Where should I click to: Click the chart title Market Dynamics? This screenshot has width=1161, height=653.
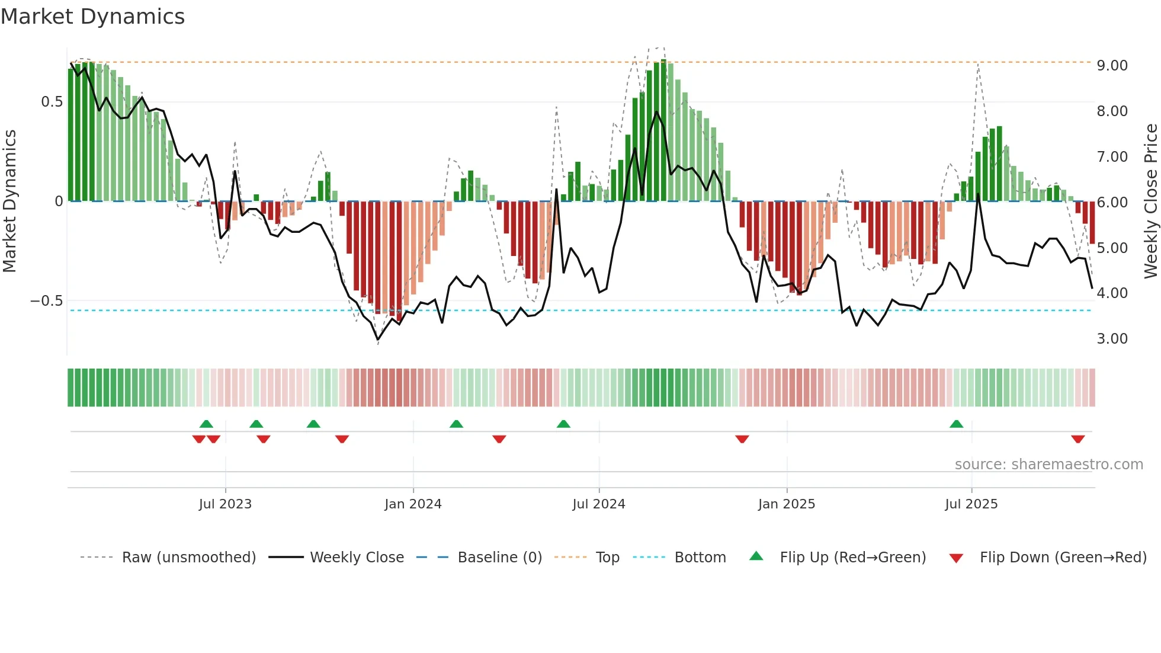(x=92, y=17)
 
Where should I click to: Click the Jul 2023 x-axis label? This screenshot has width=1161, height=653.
(x=225, y=504)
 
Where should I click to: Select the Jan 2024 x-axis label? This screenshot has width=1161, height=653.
(x=413, y=504)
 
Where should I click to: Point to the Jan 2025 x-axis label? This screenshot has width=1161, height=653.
(x=787, y=504)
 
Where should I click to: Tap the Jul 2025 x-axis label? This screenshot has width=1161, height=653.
(x=971, y=504)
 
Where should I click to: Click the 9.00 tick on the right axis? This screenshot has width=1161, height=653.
(x=1112, y=66)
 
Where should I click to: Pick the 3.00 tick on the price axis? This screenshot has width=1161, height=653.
(x=1112, y=339)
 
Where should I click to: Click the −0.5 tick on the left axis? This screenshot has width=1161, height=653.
(x=46, y=301)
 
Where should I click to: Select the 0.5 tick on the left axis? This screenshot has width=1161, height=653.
(x=52, y=102)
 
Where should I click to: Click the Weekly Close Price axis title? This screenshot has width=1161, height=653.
(x=1150, y=201)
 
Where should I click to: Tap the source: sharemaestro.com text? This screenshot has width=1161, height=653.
(x=1048, y=465)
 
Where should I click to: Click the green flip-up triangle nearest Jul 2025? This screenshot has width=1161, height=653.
(x=956, y=424)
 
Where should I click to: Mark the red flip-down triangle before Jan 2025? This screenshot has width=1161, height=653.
(x=742, y=439)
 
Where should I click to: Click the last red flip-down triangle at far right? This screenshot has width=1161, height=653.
(x=1077, y=439)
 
